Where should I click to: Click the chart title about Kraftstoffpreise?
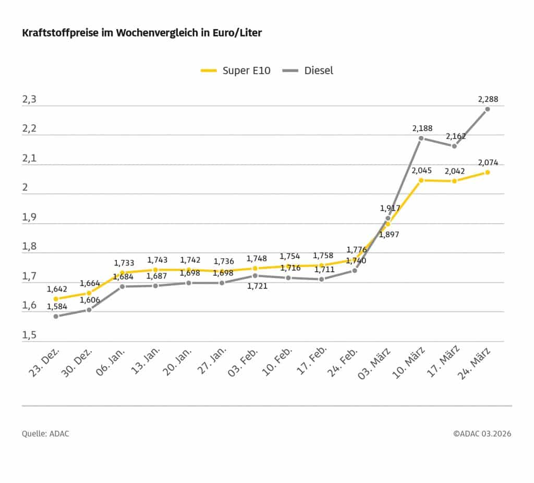point(141,33)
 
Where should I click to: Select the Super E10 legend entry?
point(236,70)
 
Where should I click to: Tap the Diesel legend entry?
point(308,70)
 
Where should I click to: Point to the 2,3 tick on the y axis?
point(29,100)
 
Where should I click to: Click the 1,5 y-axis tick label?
point(29,335)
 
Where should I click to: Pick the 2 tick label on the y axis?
point(25,188)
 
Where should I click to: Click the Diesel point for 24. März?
point(488,109)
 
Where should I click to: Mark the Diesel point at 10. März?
point(421,138)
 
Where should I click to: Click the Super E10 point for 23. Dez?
point(56,299)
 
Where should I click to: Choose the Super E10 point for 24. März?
point(488,172)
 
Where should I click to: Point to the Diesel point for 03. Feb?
point(255,275)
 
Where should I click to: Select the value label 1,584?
point(57,307)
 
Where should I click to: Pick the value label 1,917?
point(390,208)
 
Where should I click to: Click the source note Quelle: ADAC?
point(45,433)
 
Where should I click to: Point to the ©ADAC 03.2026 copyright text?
point(482,433)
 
